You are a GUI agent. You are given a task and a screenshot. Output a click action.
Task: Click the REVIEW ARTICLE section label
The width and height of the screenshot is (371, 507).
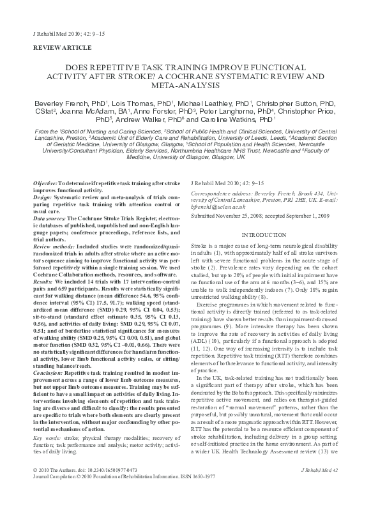pyautogui.click(x=57, y=48)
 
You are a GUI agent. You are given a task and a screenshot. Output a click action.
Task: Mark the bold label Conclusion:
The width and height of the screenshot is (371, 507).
pyautogui.click(x=49, y=371)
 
